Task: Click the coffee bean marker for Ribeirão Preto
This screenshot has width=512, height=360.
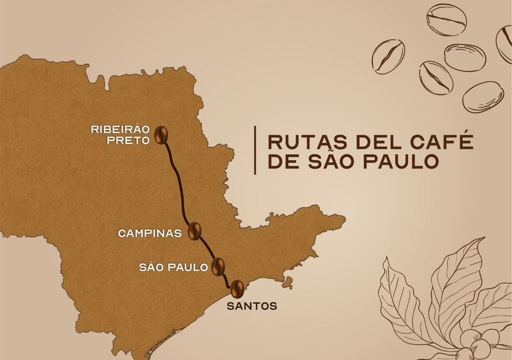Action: (161, 134)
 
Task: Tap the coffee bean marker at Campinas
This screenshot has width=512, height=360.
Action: (194, 230)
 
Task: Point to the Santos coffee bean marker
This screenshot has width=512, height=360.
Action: (236, 287)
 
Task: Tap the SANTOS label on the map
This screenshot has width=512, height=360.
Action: (251, 305)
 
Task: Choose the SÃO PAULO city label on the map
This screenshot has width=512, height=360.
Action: (173, 267)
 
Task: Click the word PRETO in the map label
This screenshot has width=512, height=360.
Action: (128, 140)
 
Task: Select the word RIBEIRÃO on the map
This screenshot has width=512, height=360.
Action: (120, 129)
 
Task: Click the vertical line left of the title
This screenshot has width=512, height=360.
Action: (255, 150)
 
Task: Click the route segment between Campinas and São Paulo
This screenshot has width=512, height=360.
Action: (206, 248)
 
